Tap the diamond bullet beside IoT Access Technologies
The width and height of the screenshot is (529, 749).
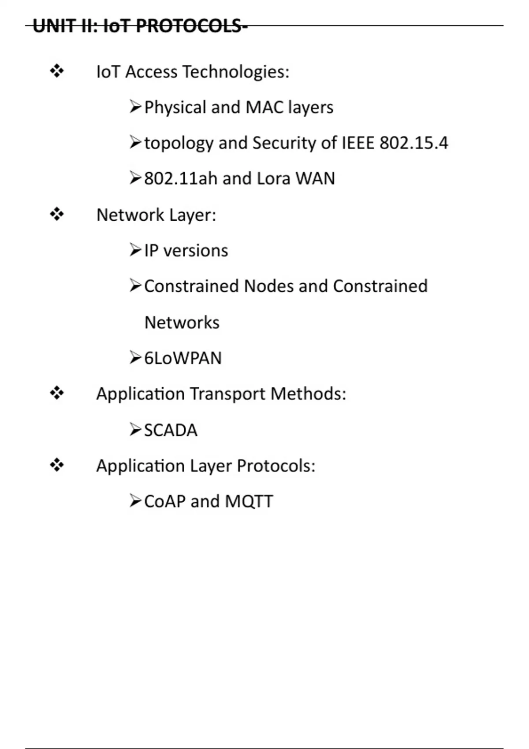click(57, 71)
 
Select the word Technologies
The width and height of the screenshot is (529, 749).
click(236, 72)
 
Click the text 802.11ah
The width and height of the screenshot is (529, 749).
click(181, 179)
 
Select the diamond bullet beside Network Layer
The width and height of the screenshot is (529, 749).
click(57, 215)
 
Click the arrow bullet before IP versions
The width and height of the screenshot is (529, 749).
click(135, 250)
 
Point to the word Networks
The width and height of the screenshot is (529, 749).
click(182, 323)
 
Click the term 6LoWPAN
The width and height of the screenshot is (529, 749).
click(183, 358)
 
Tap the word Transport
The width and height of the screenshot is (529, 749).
click(227, 394)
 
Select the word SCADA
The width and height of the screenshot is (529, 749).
click(171, 430)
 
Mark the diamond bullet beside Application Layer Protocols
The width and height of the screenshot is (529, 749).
click(57, 465)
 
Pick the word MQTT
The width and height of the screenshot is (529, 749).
click(249, 501)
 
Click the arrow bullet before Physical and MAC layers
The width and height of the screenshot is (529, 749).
click(135, 107)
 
